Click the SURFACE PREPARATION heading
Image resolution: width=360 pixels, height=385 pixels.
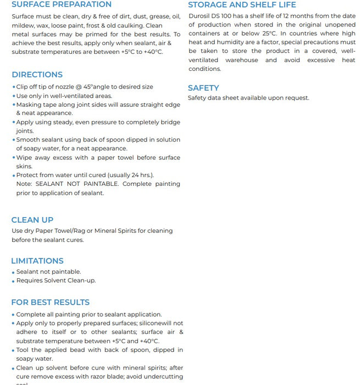coord(61,4)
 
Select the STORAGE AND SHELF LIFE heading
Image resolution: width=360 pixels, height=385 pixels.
coord(242,4)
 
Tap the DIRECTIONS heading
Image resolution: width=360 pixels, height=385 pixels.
coord(37,75)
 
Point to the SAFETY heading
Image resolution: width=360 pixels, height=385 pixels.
coord(203,88)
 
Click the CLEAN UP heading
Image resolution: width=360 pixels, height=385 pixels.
coord(32,220)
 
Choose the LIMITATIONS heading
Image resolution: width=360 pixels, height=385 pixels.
coord(37,261)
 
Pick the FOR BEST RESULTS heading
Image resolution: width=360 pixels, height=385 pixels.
coord(51,302)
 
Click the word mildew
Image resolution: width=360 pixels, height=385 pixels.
coord(23,25)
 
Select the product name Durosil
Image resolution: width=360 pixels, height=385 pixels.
coord(201,16)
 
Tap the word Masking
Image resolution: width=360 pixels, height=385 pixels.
coord(29,105)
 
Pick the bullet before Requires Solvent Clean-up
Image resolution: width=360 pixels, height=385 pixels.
coord(13,281)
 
